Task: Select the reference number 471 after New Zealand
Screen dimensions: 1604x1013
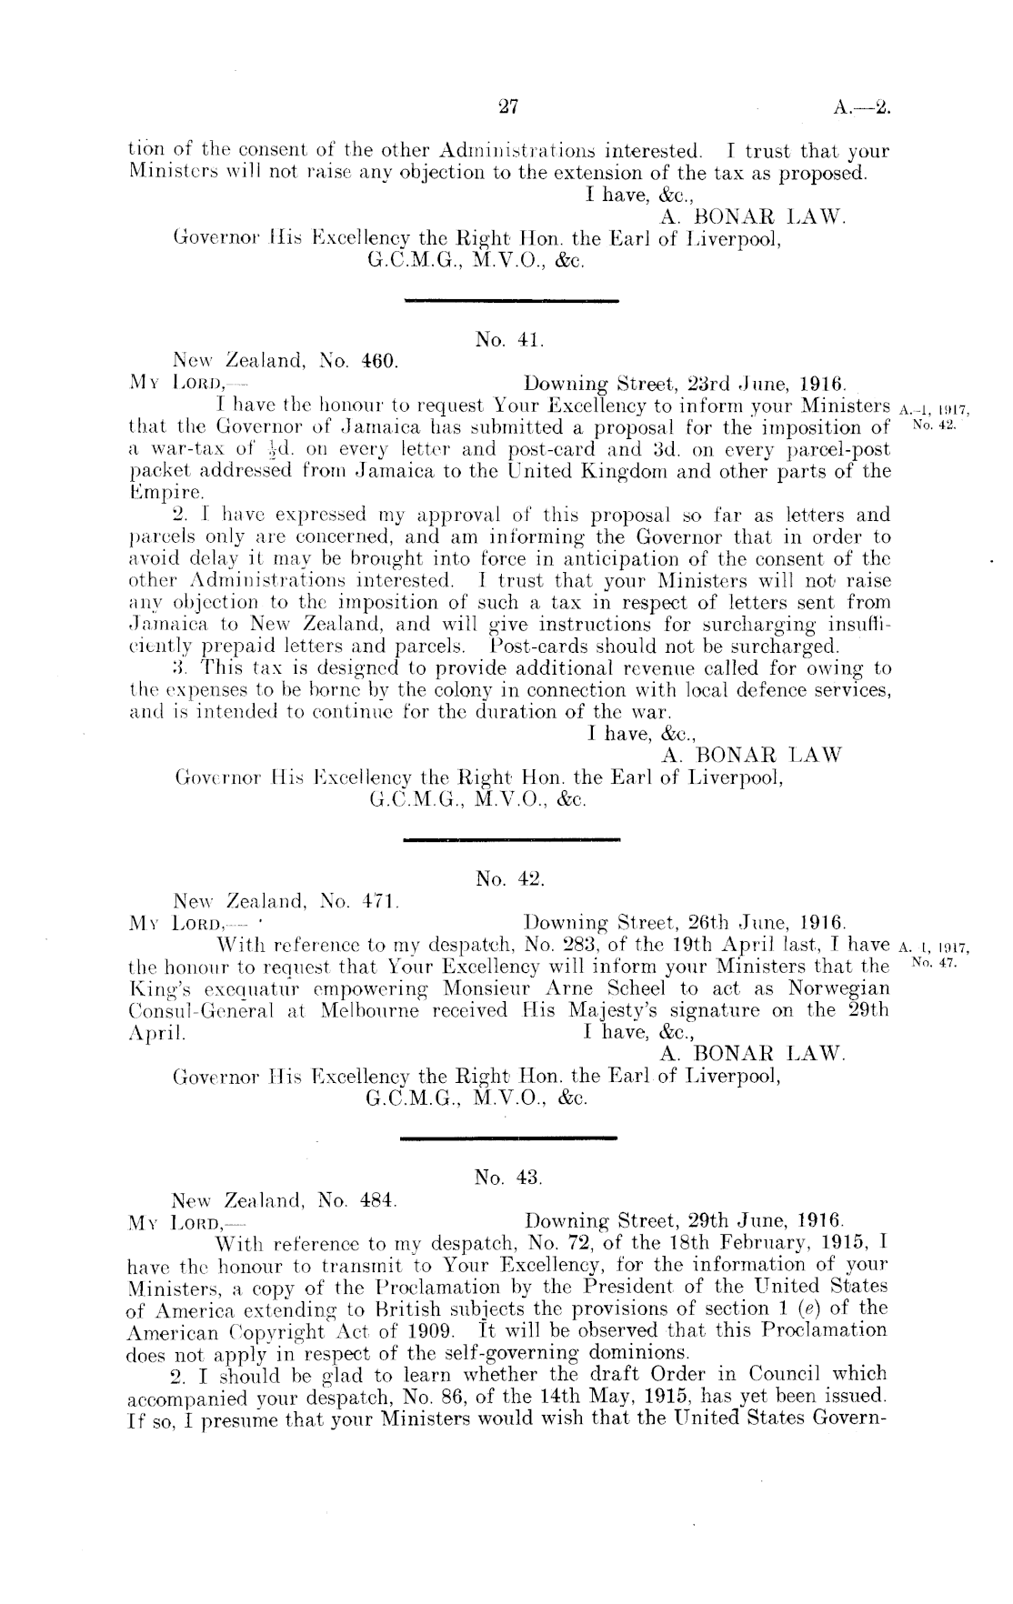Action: [375, 899]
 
